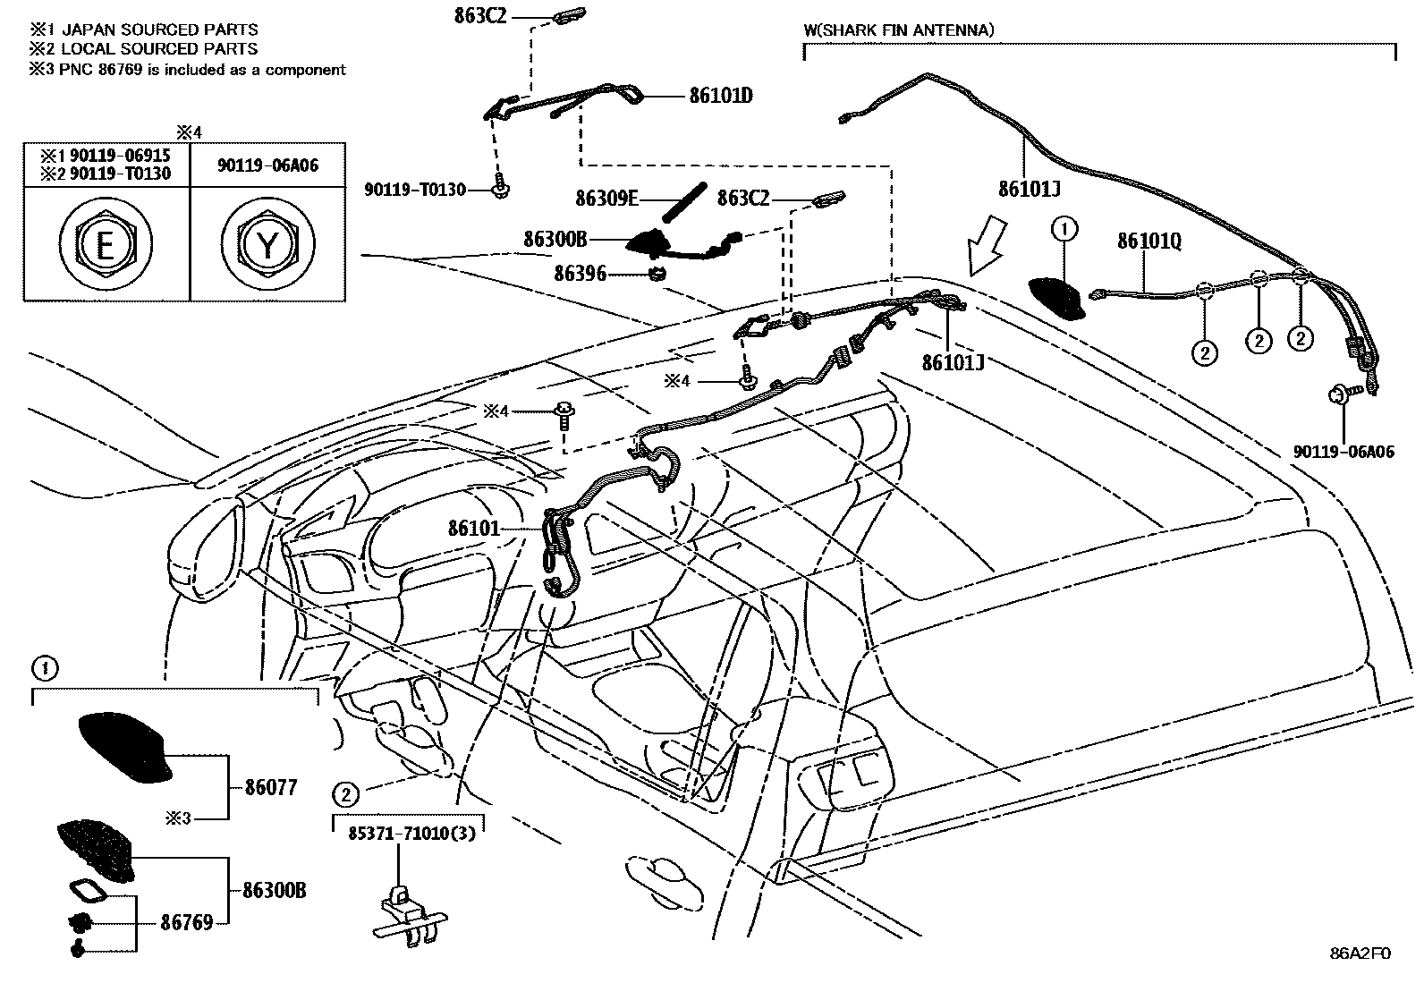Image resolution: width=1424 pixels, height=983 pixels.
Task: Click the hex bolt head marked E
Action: pos(106,243)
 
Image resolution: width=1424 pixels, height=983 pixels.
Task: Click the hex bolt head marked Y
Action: pos(267,243)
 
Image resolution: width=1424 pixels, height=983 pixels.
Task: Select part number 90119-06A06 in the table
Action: pos(267,165)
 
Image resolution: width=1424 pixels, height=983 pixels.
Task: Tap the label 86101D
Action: pos(720,96)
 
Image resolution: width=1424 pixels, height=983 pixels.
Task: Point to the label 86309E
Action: pos(606,199)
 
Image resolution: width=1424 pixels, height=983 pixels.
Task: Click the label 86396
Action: pos(580,274)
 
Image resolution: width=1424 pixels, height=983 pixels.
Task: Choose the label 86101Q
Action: pos(1149,242)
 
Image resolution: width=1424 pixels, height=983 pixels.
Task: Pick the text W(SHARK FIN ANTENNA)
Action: pos(898,30)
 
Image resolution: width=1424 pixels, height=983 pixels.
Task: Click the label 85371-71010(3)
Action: pos(411,832)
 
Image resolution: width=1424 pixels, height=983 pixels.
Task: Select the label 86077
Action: pos(271,788)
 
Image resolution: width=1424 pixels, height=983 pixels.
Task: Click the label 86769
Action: pos(187,922)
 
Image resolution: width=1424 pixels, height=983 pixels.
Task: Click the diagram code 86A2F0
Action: pos(1360,953)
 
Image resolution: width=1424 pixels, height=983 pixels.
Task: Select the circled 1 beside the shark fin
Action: pos(1064,230)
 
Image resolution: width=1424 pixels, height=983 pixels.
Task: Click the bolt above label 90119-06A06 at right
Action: pos(1341,394)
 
